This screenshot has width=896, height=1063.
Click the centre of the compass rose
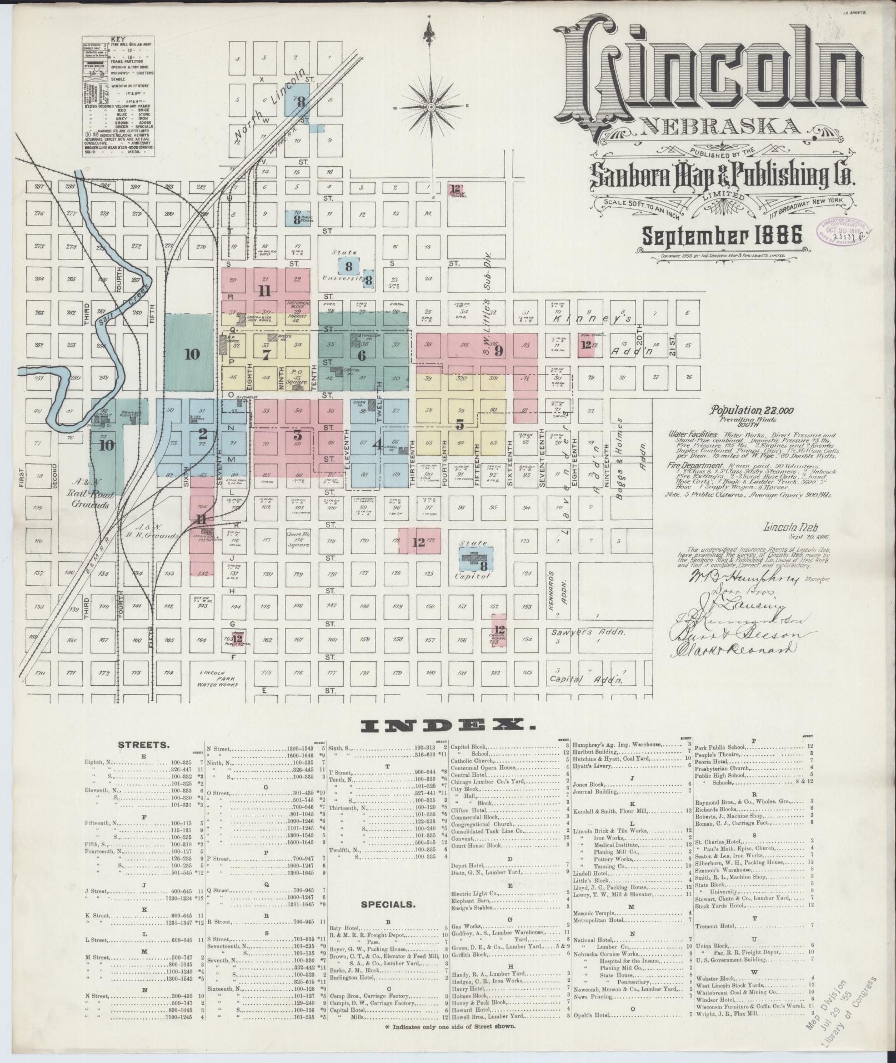(432, 106)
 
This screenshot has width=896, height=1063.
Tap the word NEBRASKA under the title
(720, 127)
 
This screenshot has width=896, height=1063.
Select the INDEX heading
(448, 724)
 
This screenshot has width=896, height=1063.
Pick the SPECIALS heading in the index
(388, 904)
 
